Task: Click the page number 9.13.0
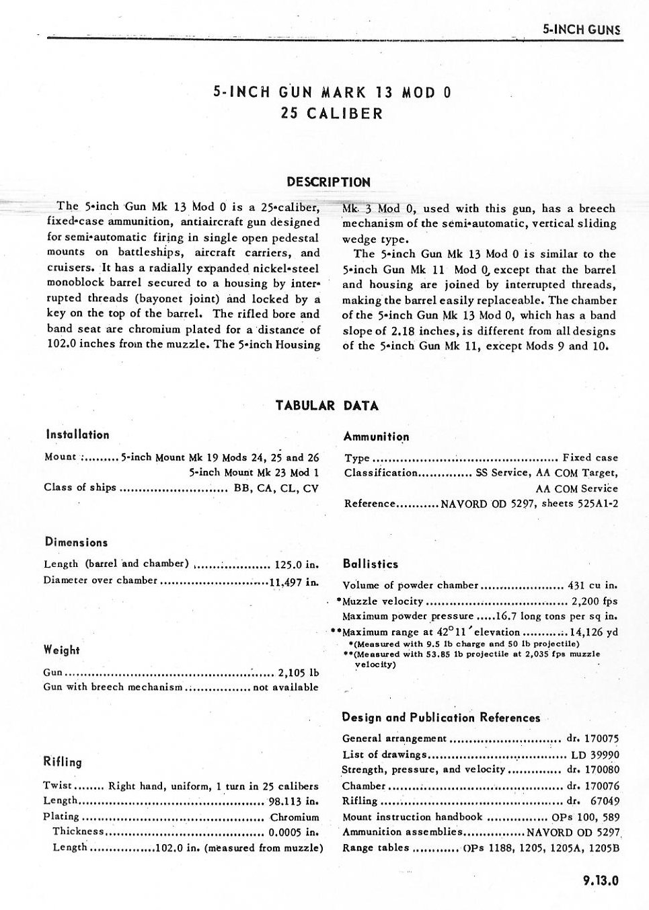click(600, 880)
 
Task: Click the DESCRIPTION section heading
click(328, 182)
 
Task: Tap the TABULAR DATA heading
click(327, 406)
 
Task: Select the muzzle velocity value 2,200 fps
click(595, 601)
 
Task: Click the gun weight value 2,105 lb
click(298, 672)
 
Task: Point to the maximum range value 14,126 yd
click(594, 632)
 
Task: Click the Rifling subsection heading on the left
click(63, 762)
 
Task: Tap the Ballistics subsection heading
click(370, 564)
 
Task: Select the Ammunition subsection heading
click(376, 437)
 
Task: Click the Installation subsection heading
click(77, 434)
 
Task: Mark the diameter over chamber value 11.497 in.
click(294, 581)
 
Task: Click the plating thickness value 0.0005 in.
click(293, 832)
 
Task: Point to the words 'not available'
click(285, 687)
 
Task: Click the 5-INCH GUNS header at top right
click(581, 30)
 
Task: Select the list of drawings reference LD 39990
click(595, 755)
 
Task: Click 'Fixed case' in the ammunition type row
click(590, 457)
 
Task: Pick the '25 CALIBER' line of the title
click(332, 113)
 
